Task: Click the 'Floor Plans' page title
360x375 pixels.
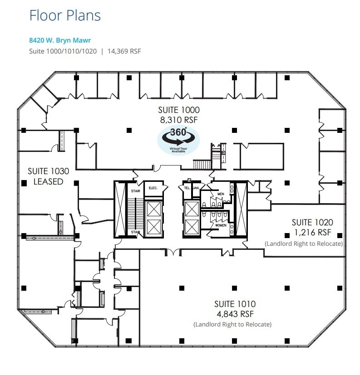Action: (x=65, y=15)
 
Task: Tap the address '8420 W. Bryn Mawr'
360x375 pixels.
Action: (x=60, y=40)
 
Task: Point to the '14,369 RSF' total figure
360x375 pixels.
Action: (x=124, y=51)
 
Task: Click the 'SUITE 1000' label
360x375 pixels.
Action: (x=179, y=110)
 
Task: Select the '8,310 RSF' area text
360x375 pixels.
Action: (x=179, y=120)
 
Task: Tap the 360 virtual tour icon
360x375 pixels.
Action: (x=178, y=140)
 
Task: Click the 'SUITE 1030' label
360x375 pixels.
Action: (x=49, y=171)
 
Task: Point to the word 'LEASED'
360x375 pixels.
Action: (x=49, y=181)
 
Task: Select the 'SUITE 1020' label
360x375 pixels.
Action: (x=312, y=223)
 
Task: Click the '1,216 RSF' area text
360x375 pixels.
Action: (x=313, y=232)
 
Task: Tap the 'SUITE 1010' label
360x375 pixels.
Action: (x=235, y=304)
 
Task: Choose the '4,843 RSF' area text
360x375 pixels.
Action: (x=235, y=314)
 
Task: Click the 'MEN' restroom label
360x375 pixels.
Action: (x=221, y=194)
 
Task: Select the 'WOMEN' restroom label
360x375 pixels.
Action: (x=221, y=225)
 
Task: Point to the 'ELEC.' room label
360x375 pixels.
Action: (x=153, y=188)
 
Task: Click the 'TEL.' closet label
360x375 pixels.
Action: (x=187, y=188)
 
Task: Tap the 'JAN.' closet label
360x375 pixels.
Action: (x=196, y=188)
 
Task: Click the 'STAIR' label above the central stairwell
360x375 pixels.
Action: (x=135, y=191)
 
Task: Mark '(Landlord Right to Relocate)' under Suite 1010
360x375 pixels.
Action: (x=232, y=325)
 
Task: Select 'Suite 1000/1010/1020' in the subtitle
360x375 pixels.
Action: (x=63, y=51)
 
